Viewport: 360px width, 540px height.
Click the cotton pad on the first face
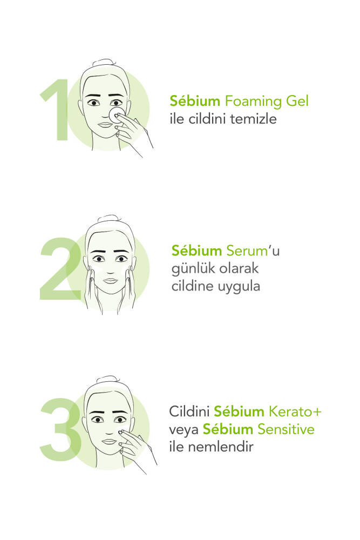[117, 114]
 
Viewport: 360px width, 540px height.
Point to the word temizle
[253, 119]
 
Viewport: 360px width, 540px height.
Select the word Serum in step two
[247, 251]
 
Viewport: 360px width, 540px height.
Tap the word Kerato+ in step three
[295, 411]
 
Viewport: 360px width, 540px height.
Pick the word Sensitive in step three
[286, 429]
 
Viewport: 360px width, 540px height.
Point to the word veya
[184, 430]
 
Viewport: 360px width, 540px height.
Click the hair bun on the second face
[109, 219]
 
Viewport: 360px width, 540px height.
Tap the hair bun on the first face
[104, 63]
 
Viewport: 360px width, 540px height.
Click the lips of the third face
[110, 441]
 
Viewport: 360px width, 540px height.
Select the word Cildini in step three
[189, 411]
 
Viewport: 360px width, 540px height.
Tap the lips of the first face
[105, 125]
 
